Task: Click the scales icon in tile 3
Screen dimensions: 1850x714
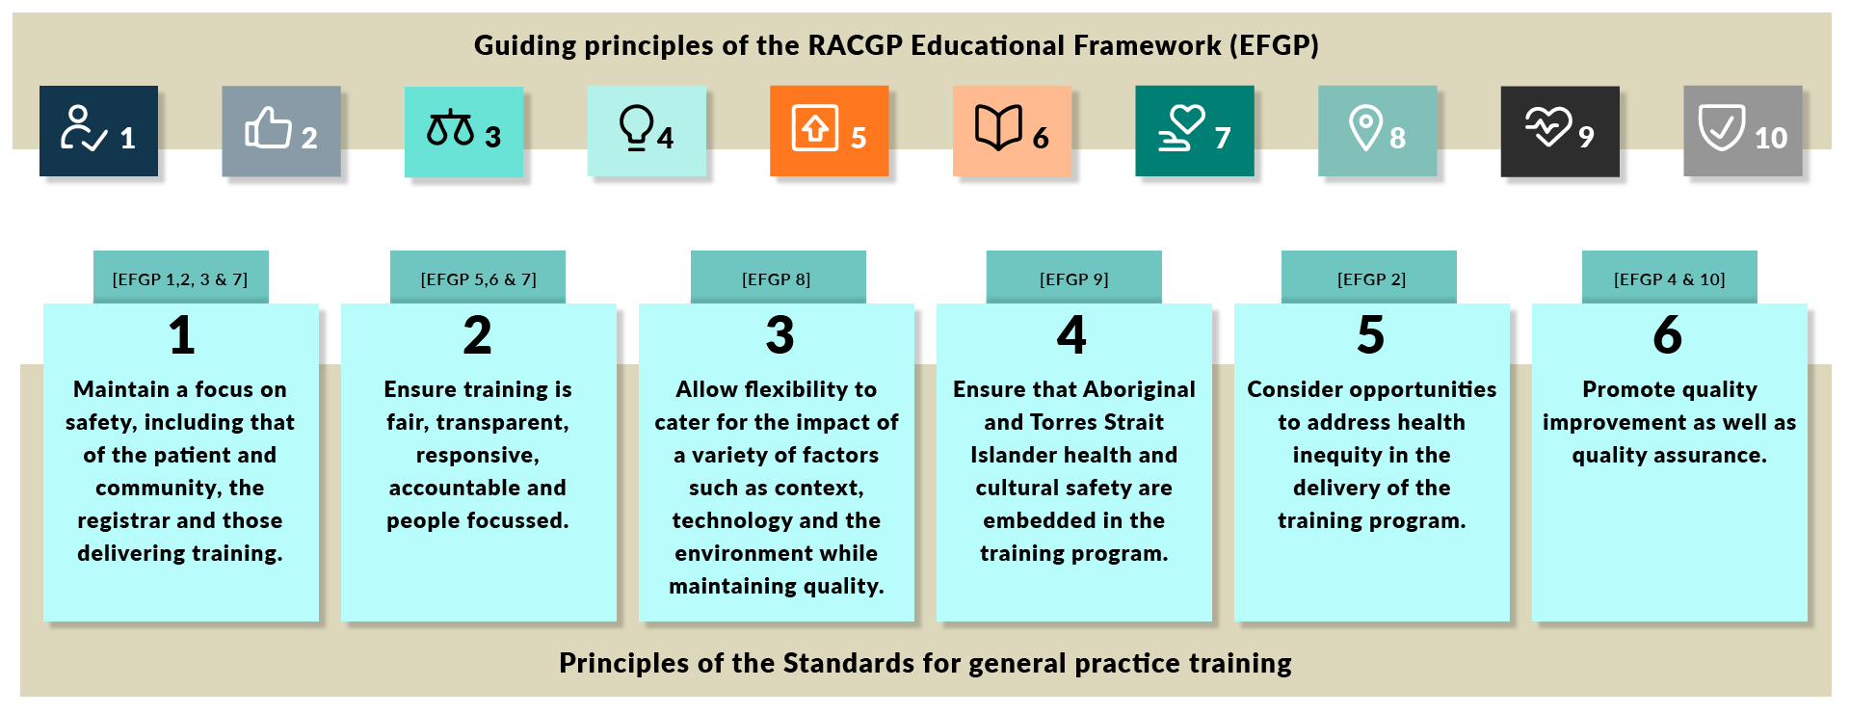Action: (x=450, y=128)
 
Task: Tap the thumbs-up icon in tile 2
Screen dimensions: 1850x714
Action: (x=268, y=126)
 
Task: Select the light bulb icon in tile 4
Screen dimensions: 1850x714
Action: (x=636, y=128)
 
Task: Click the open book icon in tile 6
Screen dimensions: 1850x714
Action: (x=998, y=127)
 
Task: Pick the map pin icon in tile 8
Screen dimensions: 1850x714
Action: (x=1365, y=128)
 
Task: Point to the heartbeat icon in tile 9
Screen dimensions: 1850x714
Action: (x=1547, y=126)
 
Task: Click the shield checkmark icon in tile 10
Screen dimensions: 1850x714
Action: (x=1721, y=127)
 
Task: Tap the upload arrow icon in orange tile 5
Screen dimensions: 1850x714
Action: (x=815, y=128)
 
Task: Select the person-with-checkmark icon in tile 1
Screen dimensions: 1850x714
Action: (x=84, y=128)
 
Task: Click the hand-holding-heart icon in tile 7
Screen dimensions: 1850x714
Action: (x=1181, y=128)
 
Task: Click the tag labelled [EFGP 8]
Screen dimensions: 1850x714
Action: (x=778, y=278)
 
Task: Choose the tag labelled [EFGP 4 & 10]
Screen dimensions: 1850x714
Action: (x=1669, y=278)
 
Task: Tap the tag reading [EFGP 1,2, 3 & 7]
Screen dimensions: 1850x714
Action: (x=180, y=278)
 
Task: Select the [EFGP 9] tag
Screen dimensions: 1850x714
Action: (x=1073, y=278)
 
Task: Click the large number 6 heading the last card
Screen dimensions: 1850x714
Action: (x=1668, y=335)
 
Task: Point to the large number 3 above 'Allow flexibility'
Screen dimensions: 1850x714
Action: (x=780, y=335)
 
